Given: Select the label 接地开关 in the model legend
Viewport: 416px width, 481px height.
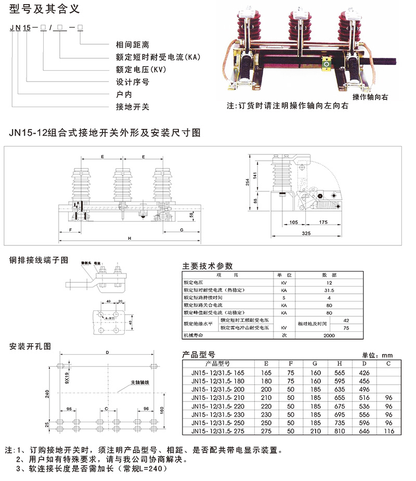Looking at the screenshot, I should [132, 107].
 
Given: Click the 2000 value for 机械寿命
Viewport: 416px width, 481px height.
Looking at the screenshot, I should [329, 335].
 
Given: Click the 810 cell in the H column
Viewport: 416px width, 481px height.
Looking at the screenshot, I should [339, 432].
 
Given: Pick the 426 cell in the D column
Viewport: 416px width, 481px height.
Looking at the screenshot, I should [363, 373].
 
